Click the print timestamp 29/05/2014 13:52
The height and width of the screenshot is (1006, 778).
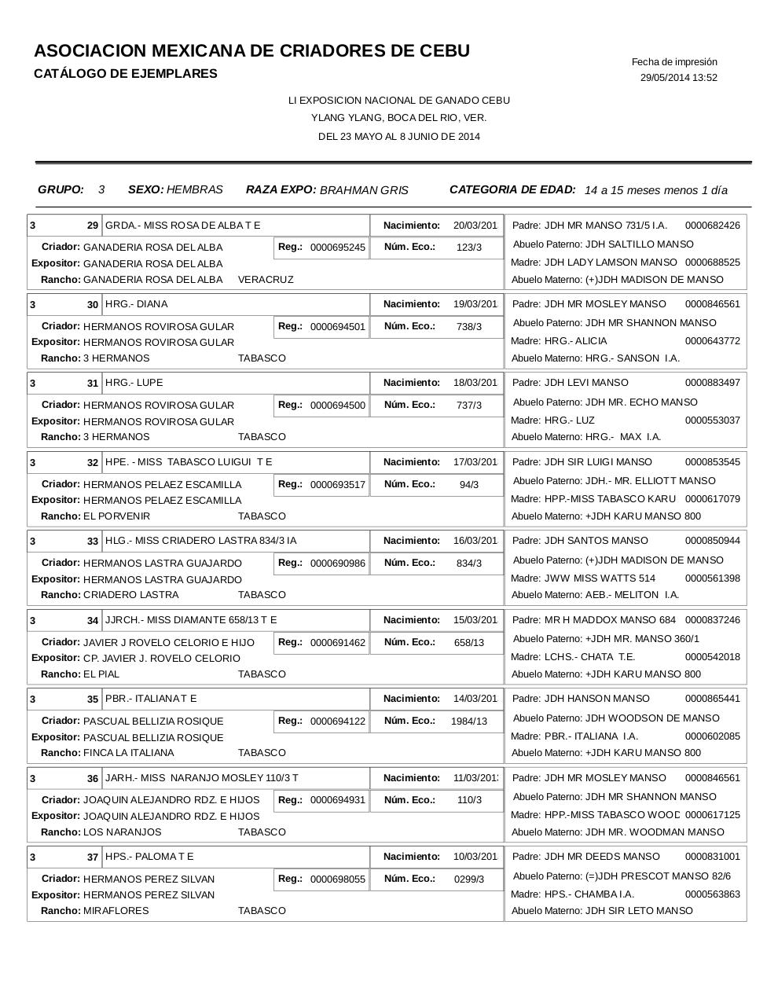(x=678, y=78)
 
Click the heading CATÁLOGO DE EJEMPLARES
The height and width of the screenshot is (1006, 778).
(x=126, y=74)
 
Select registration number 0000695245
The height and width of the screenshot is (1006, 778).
(x=337, y=248)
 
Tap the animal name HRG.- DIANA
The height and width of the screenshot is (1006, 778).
(x=136, y=304)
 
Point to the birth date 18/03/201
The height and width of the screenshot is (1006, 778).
(x=475, y=383)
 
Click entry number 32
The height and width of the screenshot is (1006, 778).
(x=93, y=463)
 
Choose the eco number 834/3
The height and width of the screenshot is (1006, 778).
(x=469, y=564)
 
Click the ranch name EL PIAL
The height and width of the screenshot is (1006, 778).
(x=101, y=674)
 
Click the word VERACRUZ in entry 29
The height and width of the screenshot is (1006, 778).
(x=266, y=280)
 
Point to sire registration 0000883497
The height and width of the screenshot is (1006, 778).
(x=712, y=383)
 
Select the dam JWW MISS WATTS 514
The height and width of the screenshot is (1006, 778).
(x=600, y=578)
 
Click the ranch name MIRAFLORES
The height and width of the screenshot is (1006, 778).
(x=116, y=911)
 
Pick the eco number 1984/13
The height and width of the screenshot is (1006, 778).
(x=469, y=721)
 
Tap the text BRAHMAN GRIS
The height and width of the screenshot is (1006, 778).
(x=364, y=190)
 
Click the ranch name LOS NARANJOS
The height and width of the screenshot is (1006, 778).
(x=122, y=832)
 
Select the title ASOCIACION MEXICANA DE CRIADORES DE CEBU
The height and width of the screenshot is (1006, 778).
(x=251, y=51)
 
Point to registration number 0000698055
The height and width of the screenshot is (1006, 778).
(x=337, y=879)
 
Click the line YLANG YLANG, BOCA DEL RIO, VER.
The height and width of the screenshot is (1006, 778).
(x=398, y=118)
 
